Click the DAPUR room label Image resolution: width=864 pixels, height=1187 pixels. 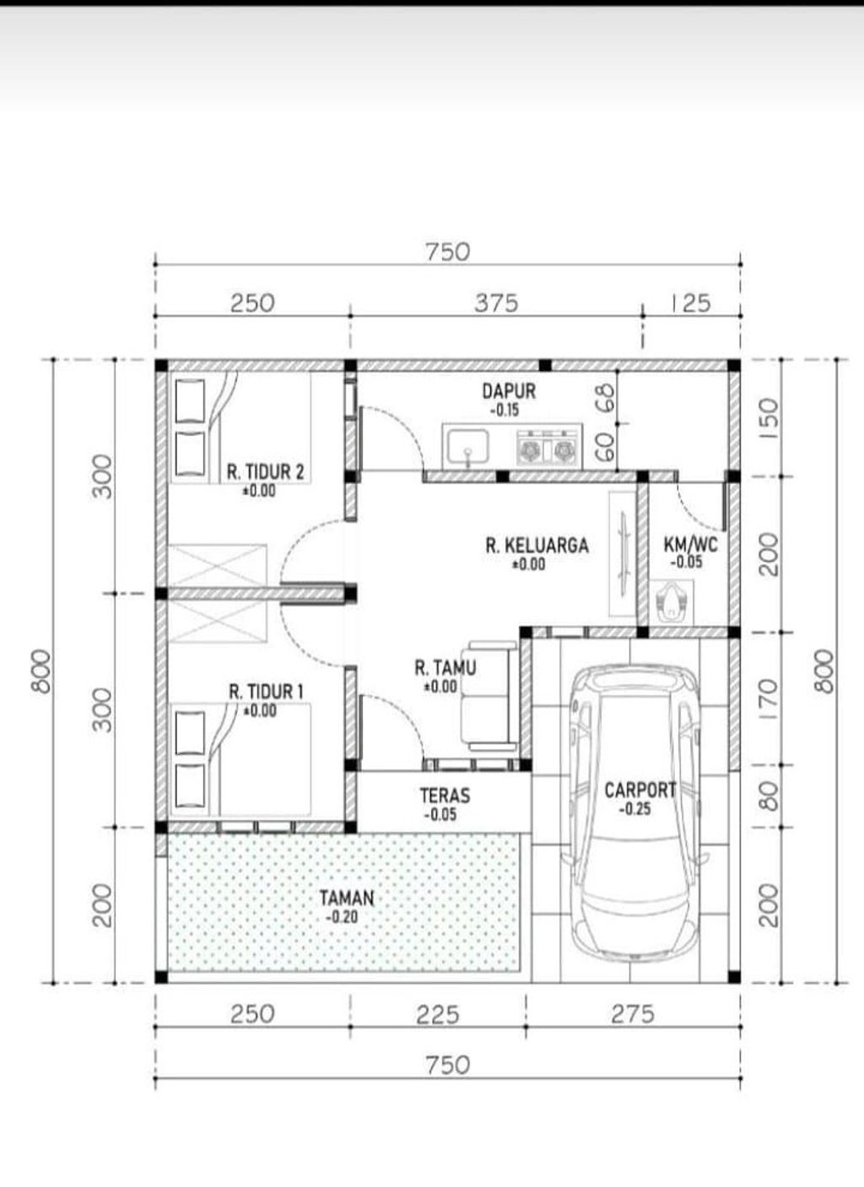tap(509, 391)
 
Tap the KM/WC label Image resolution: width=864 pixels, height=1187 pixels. tap(691, 544)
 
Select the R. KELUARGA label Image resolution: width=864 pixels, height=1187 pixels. tap(537, 546)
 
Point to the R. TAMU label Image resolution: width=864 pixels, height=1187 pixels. tap(445, 667)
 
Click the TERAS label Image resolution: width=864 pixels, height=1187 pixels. tap(445, 796)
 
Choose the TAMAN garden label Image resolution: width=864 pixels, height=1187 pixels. tap(347, 898)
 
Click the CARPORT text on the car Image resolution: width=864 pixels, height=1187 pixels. tap(640, 790)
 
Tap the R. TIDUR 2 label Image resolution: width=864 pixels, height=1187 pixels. tap(266, 472)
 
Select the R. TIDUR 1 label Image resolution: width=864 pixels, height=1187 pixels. tap(266, 692)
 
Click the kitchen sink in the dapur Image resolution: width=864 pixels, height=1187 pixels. tap(466, 446)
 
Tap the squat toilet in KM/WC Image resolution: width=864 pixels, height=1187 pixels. tap(672, 602)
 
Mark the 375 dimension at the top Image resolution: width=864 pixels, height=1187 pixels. tap(496, 304)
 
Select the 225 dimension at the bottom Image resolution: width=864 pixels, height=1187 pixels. tap(438, 1015)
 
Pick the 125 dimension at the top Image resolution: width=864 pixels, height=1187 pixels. tap(691, 304)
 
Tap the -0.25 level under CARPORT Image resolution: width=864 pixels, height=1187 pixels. tap(634, 809)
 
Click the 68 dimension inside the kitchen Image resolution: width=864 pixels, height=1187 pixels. tap(608, 398)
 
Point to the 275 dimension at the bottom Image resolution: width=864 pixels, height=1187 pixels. tap(633, 1015)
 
